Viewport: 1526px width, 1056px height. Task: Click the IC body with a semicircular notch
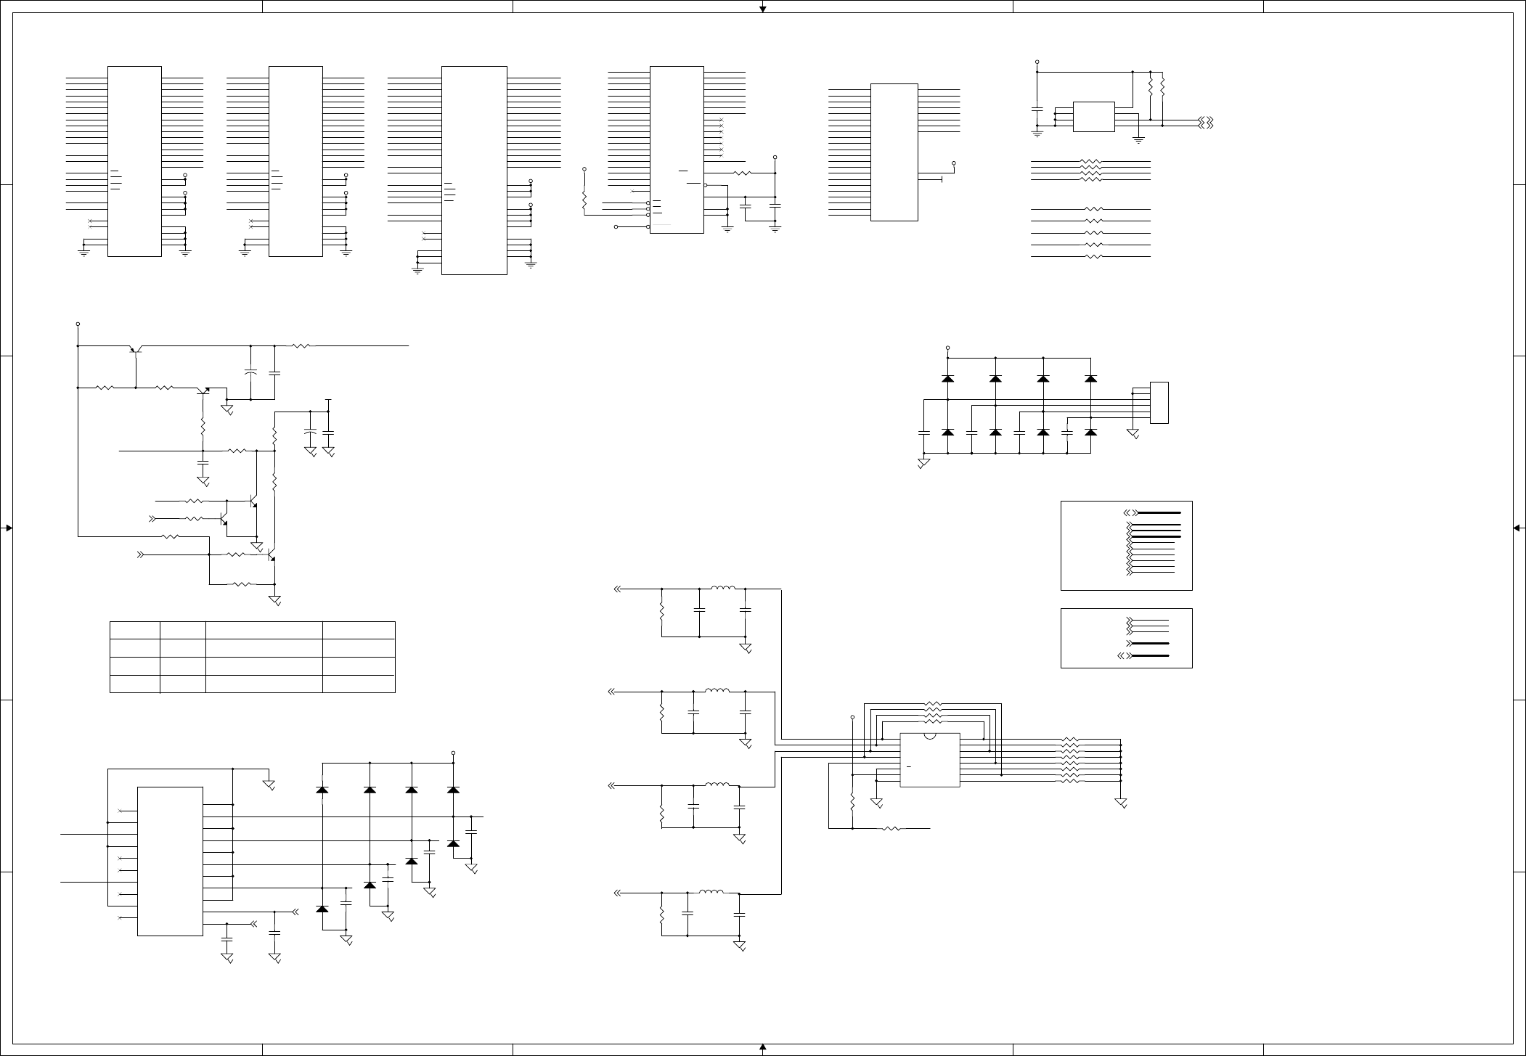click(x=929, y=760)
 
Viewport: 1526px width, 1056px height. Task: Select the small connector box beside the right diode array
click(x=1159, y=403)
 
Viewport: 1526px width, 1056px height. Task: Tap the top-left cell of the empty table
click(x=135, y=630)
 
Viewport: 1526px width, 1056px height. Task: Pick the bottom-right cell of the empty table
click(x=359, y=684)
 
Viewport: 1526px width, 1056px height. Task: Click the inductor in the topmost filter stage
click(x=723, y=588)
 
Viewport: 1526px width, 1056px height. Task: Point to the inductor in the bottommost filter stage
click(x=711, y=891)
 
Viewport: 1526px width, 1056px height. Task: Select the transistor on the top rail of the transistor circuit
click(x=135, y=349)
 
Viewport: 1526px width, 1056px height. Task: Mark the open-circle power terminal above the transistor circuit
click(x=78, y=324)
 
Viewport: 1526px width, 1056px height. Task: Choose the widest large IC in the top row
click(x=474, y=171)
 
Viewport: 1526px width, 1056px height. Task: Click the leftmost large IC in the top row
click(x=134, y=161)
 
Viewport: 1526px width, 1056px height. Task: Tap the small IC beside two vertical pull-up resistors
click(x=1093, y=117)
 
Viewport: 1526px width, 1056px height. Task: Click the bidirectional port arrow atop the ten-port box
click(x=1130, y=512)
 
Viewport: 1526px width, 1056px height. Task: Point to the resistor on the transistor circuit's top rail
click(x=301, y=346)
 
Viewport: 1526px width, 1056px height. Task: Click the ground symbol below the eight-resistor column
click(x=1121, y=803)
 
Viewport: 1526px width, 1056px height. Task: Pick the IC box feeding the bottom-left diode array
click(x=170, y=861)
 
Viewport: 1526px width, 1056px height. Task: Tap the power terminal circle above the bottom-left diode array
click(x=454, y=753)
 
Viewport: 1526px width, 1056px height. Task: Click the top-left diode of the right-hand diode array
click(x=947, y=378)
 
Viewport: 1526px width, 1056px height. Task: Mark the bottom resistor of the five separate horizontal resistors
click(x=1093, y=257)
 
